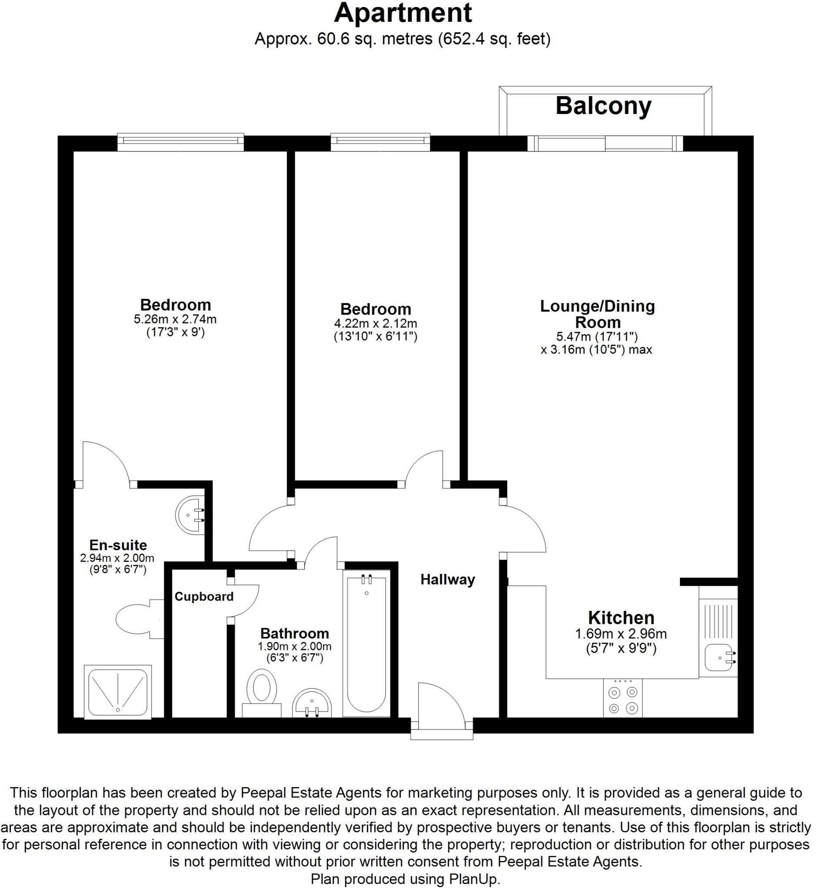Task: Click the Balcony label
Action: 603,106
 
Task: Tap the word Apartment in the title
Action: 403,13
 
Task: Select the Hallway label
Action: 447,579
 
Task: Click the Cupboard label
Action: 203,596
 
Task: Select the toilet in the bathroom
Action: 261,689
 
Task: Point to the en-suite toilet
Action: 135,619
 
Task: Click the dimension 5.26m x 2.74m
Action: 175,318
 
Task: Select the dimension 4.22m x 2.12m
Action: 375,324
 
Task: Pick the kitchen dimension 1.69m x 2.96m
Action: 620,635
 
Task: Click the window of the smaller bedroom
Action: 380,141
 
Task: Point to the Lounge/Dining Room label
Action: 597,314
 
